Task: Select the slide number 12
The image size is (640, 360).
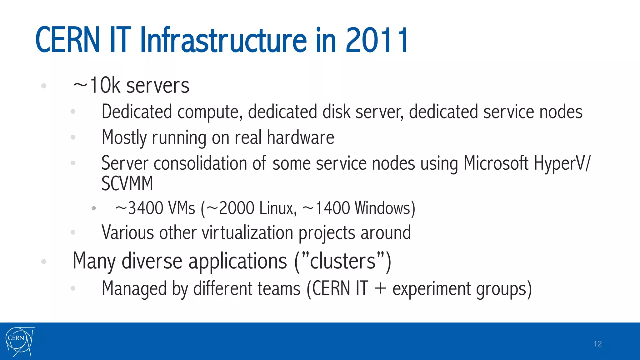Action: click(x=597, y=344)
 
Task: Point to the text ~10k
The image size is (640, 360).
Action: click(x=96, y=85)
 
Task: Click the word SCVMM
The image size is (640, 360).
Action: click(x=127, y=183)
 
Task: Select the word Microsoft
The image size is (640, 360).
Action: click(x=496, y=163)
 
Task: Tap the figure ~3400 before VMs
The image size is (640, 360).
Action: click(x=139, y=208)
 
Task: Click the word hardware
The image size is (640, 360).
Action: click(x=300, y=137)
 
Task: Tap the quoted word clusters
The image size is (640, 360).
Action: click(x=342, y=261)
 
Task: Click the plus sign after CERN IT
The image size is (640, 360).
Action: click(x=380, y=288)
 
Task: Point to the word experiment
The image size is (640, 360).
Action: click(x=431, y=289)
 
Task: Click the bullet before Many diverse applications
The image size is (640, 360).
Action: click(x=44, y=261)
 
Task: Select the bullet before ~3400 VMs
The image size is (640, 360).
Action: click(x=94, y=208)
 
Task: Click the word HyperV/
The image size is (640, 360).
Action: click(x=562, y=163)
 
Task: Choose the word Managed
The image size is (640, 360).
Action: click(x=134, y=288)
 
